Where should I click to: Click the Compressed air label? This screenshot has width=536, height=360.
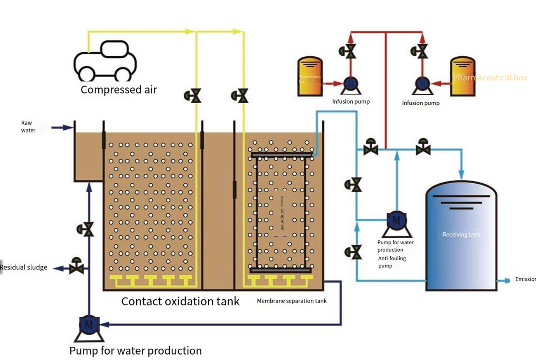point(118,90)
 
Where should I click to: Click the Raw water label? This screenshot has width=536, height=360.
point(28,127)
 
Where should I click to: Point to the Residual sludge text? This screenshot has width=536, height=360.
point(24,267)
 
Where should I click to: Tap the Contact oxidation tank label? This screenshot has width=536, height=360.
point(180,301)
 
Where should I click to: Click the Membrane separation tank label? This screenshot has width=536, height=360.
point(292,301)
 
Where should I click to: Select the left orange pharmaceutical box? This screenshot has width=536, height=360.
point(310,77)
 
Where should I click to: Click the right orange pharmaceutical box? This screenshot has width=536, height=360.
point(463,77)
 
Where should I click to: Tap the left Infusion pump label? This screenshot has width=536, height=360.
point(351,102)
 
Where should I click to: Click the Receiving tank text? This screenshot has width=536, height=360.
point(461,235)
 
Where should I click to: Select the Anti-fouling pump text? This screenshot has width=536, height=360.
point(392,262)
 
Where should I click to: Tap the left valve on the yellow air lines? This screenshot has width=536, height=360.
point(193,96)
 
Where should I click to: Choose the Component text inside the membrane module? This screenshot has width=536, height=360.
point(282,219)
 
